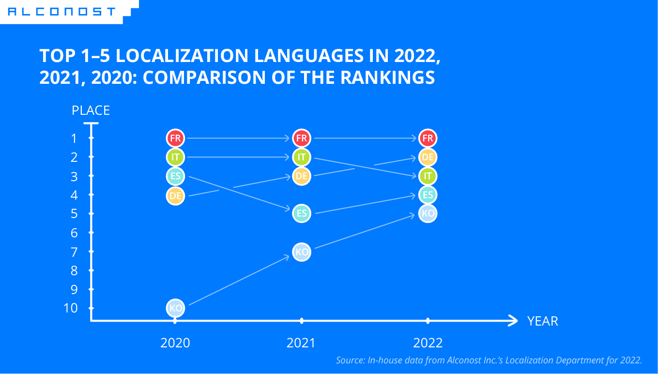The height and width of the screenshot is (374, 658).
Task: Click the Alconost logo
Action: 62,12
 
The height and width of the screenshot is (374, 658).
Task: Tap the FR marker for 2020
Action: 175,139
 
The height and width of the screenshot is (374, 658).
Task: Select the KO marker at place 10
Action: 175,308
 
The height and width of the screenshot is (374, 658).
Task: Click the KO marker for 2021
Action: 302,252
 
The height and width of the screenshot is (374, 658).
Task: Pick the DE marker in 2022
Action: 428,157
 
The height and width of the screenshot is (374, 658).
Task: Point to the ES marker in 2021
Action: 302,214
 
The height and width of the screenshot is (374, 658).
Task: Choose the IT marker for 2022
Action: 428,176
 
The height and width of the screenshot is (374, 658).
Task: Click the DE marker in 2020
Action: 175,196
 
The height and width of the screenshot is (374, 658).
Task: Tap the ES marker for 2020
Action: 175,176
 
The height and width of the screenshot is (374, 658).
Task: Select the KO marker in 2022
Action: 428,214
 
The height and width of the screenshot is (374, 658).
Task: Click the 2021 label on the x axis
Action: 301,343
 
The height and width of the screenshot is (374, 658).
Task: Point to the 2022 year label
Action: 428,343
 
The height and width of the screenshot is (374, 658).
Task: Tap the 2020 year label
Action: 175,343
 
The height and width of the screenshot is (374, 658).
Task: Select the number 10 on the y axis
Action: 71,308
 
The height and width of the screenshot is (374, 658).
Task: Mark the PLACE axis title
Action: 91,110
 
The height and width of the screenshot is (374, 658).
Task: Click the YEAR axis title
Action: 542,321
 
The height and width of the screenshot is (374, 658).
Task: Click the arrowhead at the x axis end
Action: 514,320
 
